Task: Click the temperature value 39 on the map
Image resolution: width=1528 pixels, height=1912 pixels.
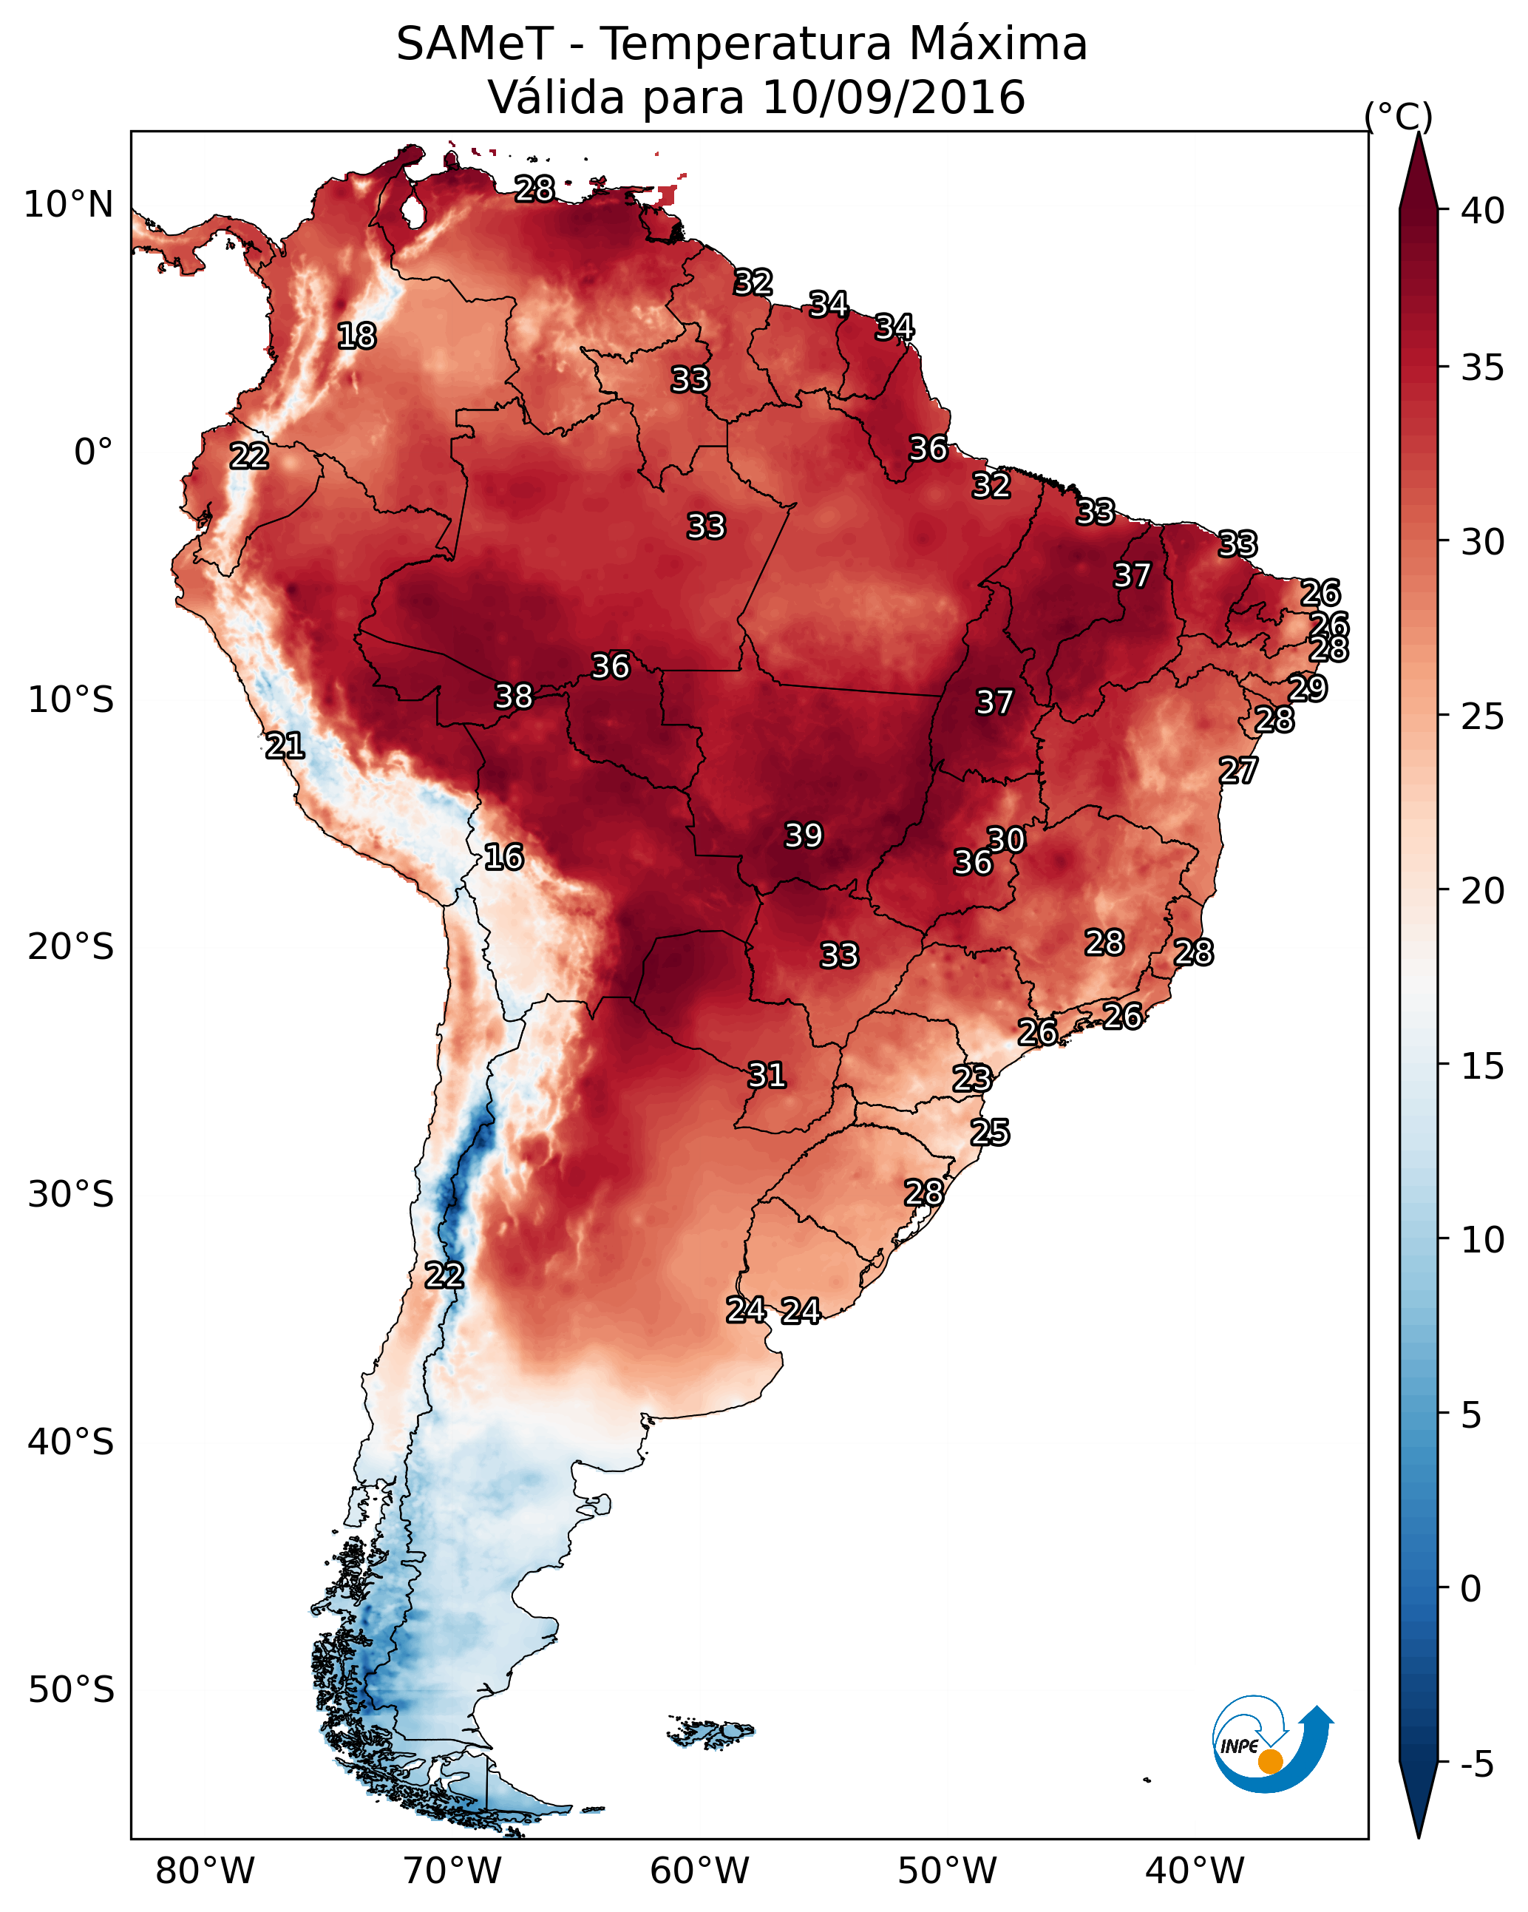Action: [804, 835]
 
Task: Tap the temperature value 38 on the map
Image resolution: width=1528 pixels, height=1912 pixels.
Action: [514, 696]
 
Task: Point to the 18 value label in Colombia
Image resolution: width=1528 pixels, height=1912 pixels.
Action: [356, 336]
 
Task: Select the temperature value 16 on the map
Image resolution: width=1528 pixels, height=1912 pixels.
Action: [503, 857]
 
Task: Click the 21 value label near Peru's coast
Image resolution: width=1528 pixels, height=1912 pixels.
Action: [285, 746]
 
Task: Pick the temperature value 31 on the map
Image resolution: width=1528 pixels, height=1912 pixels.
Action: [767, 1076]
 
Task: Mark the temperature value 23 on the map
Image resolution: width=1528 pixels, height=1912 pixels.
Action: [972, 1079]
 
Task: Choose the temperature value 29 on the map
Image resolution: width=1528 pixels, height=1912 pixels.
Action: [1307, 688]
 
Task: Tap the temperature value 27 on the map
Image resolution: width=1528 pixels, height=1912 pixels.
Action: [1238, 770]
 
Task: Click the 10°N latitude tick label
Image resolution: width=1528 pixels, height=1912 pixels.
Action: [68, 205]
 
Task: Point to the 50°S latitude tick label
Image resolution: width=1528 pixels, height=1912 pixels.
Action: [71, 1689]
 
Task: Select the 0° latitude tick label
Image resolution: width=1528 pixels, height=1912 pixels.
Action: [93, 452]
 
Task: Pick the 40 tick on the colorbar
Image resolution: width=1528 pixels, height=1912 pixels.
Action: [1483, 211]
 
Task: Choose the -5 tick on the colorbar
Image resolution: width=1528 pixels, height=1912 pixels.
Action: [1476, 1765]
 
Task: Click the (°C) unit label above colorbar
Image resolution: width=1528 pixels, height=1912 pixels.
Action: [1399, 116]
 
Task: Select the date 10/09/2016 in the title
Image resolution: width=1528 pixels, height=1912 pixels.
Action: [893, 97]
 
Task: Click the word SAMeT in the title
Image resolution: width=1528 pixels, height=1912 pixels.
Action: [475, 44]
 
